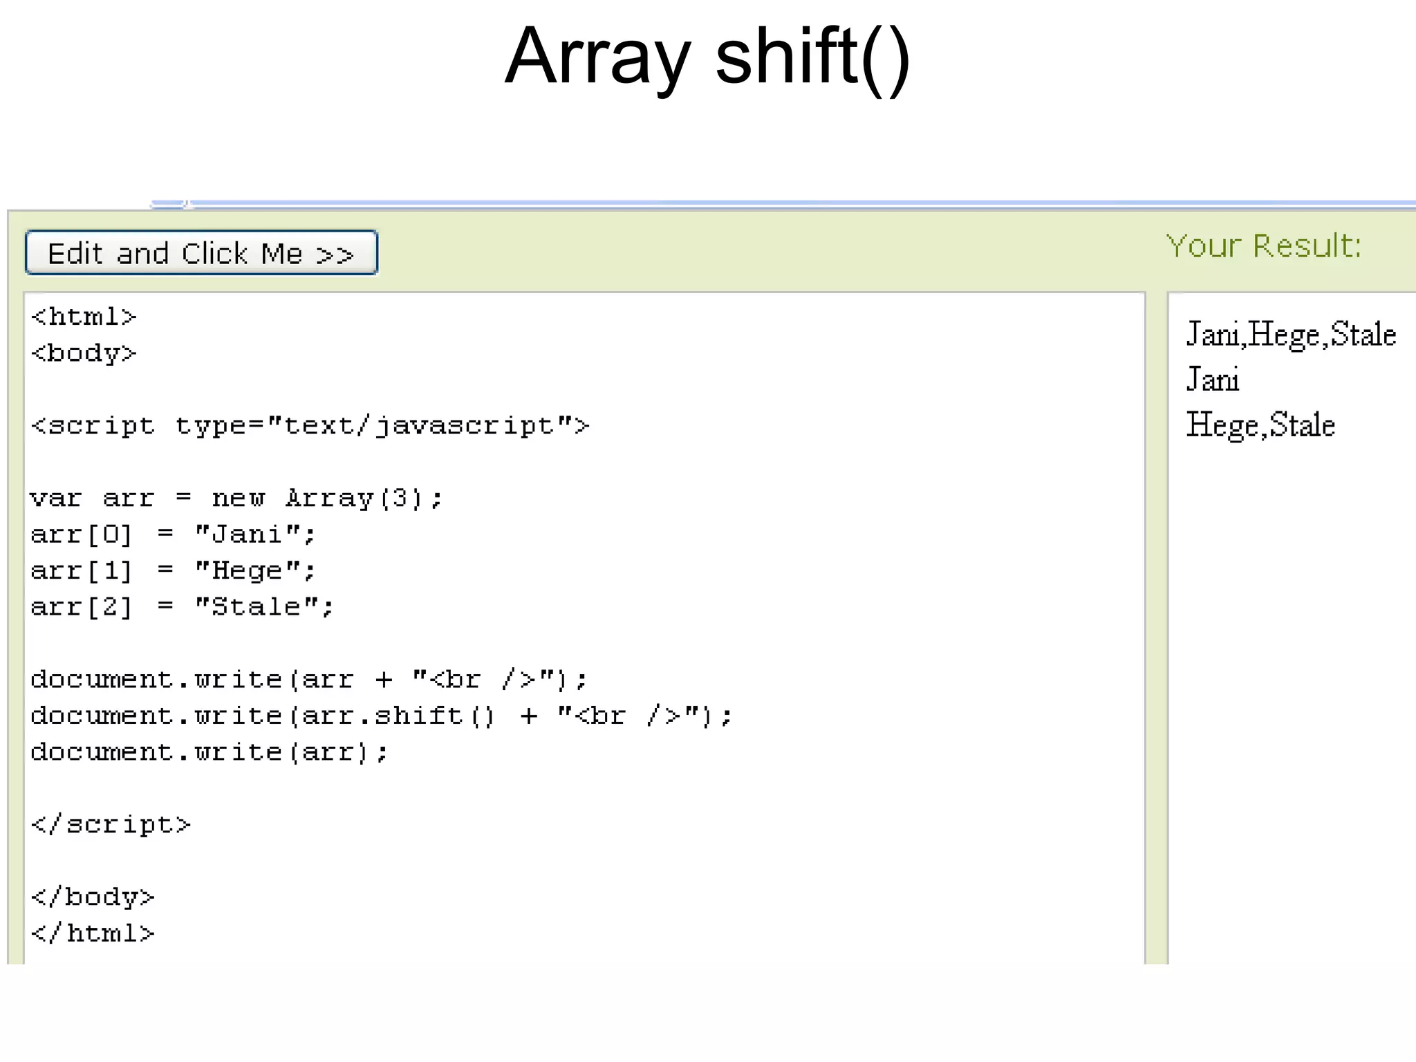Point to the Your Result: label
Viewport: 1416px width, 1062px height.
(1263, 246)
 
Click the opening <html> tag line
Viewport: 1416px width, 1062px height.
(84, 317)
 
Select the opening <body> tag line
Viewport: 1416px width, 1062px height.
(84, 353)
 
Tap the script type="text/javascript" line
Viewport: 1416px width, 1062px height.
(310, 426)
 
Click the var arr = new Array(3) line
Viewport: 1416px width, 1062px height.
(236, 498)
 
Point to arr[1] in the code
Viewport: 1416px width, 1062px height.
(81, 571)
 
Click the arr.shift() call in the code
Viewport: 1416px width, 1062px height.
(399, 716)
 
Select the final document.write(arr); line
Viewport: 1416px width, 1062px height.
(209, 752)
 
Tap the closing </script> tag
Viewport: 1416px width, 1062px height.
(111, 824)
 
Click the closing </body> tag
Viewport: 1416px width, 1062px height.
(93, 897)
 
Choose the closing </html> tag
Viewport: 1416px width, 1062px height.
(93, 933)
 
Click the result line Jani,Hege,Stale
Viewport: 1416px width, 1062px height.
(1291, 335)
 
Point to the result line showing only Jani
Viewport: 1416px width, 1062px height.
(1213, 380)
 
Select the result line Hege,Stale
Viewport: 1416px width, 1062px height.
(1260, 425)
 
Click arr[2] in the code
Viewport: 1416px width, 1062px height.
(81, 607)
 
